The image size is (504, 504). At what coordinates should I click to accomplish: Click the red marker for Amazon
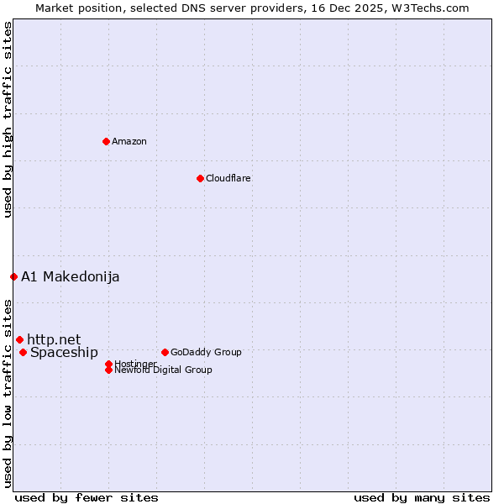tap(106, 141)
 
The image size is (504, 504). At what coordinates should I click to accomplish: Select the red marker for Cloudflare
tap(200, 178)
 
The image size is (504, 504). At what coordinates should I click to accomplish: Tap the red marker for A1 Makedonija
tap(13, 276)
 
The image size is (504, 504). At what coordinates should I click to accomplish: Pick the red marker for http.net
tap(19, 339)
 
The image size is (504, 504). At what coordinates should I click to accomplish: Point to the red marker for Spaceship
tap(23, 352)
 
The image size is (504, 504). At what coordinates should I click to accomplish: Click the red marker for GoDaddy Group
tap(165, 352)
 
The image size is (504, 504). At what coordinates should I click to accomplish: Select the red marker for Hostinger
tap(108, 364)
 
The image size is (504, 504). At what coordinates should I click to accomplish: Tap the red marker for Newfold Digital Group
tap(108, 370)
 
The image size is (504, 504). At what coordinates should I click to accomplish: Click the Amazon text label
tap(129, 141)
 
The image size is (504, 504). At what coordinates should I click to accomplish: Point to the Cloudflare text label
tap(228, 178)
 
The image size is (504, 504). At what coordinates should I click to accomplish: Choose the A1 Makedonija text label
tap(71, 276)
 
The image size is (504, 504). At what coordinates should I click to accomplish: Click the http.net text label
tap(54, 339)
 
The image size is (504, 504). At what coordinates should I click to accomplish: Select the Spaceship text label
tap(64, 352)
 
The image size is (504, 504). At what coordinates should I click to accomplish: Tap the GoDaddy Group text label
tap(206, 352)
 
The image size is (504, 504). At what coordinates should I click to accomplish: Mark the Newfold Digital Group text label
tap(163, 370)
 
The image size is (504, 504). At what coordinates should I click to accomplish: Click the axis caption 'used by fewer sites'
tap(87, 497)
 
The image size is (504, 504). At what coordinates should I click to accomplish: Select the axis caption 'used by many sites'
tap(422, 497)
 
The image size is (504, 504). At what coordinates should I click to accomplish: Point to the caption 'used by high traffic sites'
tap(8, 119)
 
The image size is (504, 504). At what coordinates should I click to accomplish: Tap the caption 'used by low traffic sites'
tap(8, 392)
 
